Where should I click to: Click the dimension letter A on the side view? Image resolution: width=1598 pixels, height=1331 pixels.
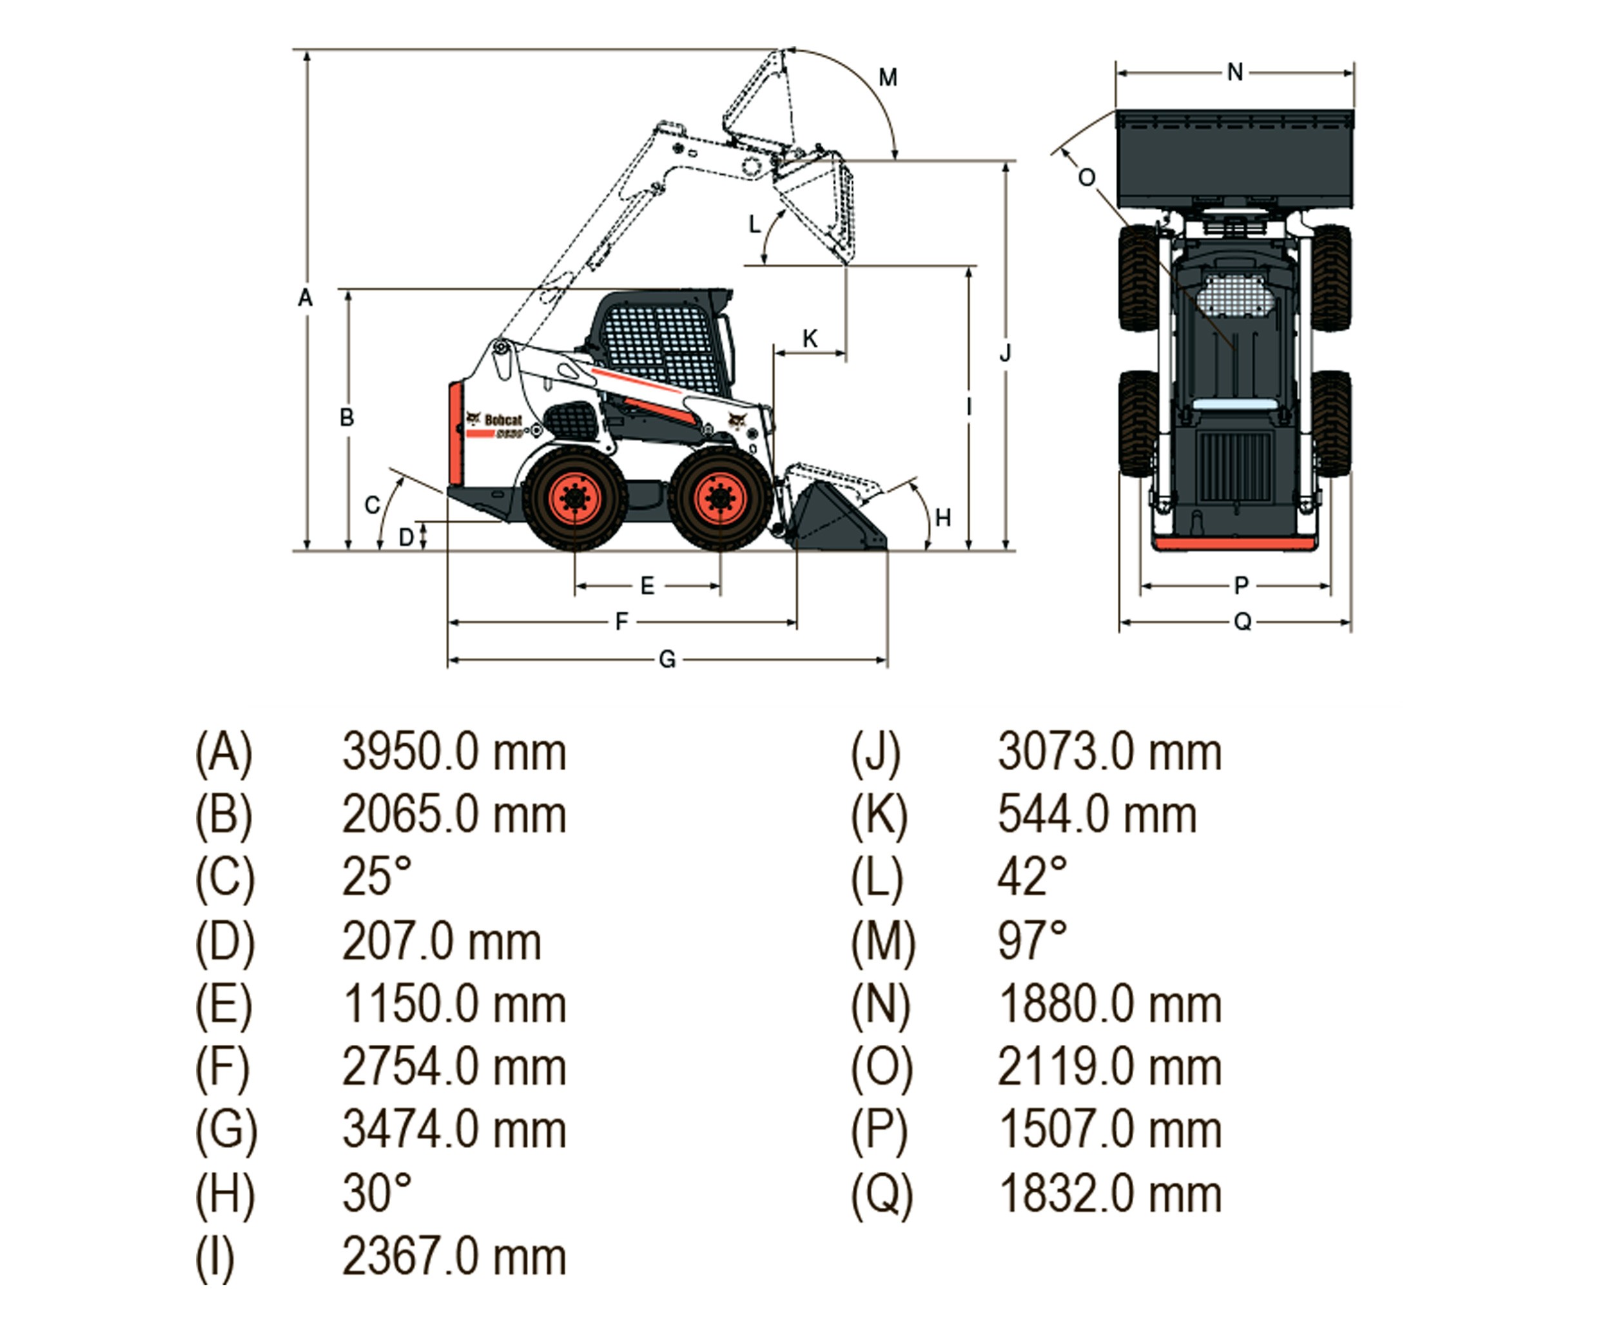pos(305,298)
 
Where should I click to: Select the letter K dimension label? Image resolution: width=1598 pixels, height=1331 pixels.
pos(810,338)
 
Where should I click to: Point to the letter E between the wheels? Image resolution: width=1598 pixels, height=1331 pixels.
pos(647,586)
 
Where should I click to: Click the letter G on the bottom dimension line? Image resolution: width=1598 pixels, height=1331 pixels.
pos(667,659)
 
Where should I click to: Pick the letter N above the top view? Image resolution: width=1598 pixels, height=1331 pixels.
pos(1235,73)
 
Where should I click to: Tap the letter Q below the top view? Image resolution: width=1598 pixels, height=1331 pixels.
pos(1242,623)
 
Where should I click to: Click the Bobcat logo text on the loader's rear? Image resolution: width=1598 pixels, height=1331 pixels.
pos(503,420)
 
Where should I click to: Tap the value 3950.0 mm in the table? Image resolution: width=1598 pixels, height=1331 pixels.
pos(454,753)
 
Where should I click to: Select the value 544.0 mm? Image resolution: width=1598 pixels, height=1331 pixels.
pos(1096,815)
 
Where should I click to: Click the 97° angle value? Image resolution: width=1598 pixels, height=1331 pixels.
pos(1032,940)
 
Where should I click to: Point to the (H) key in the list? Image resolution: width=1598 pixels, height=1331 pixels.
pos(224,1193)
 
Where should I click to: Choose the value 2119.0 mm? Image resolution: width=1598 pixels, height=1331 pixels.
pos(1109,1067)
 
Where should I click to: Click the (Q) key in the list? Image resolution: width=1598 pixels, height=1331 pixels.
pos(881,1193)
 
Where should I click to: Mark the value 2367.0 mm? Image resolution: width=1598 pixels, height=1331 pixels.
pos(454,1256)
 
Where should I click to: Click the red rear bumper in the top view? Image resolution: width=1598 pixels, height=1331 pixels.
pos(1234,544)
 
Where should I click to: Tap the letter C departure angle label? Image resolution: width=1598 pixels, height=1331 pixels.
pos(372,505)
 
